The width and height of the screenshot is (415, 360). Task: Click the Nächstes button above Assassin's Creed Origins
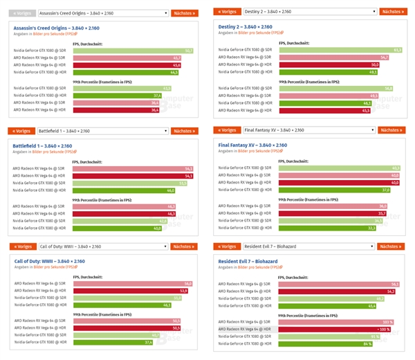click(x=183, y=12)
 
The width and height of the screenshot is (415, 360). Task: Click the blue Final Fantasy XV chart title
click(x=252, y=145)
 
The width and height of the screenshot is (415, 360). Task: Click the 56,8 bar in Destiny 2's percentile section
click(x=335, y=89)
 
